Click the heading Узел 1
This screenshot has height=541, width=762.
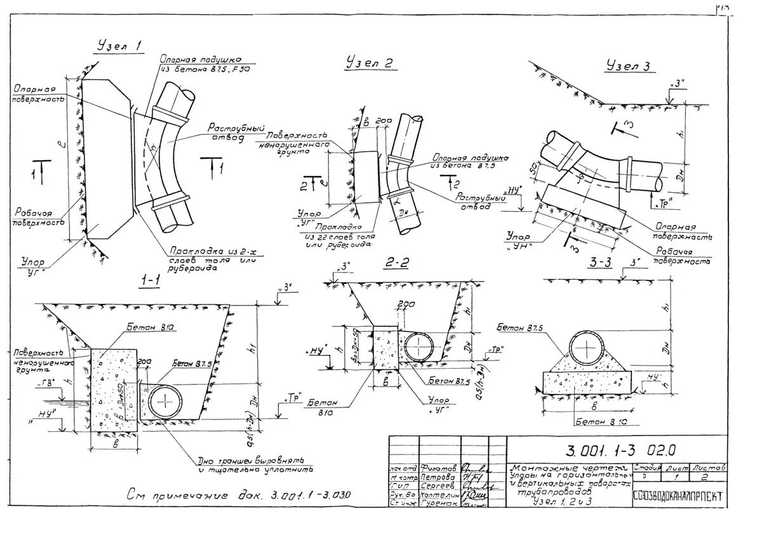point(119,46)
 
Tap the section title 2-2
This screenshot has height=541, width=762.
point(398,263)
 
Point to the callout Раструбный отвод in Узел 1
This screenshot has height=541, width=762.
point(235,132)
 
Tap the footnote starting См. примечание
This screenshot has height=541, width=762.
point(238,496)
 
